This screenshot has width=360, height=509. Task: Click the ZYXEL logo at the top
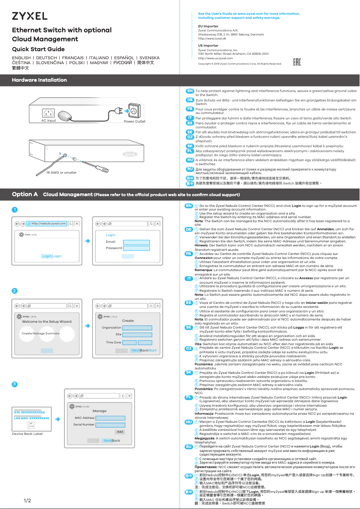tap(29, 16)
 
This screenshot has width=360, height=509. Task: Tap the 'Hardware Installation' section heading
tap(40, 80)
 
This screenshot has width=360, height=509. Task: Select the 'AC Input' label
tap(48, 121)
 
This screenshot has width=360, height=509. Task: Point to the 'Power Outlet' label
tap(135, 122)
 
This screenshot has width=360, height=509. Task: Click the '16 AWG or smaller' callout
tap(61, 173)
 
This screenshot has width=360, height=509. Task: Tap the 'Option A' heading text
tap(25, 194)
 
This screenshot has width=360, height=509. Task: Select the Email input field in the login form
tap(136, 242)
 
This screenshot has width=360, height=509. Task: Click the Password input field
tap(136, 248)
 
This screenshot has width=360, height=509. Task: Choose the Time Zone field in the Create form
tap(137, 342)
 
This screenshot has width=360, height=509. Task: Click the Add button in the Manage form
tap(120, 432)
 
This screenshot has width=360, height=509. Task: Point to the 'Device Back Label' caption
tap(27, 434)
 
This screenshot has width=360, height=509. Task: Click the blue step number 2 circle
tap(15, 291)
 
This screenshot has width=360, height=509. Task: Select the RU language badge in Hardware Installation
tap(190, 169)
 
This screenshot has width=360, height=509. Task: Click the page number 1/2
tap(27, 500)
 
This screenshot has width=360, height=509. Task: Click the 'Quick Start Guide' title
tap(38, 49)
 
